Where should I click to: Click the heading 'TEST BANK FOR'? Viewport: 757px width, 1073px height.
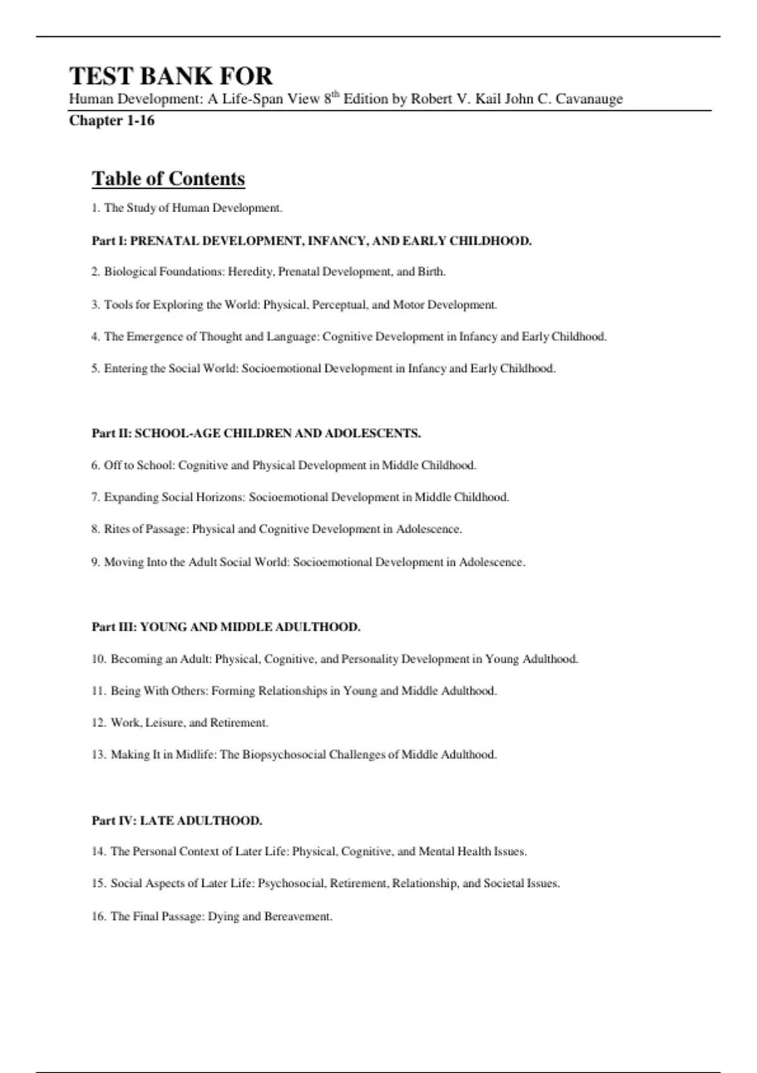coord(171,76)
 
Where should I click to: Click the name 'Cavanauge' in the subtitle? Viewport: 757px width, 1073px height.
coord(589,99)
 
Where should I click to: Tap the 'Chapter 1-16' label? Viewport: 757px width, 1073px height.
coord(112,121)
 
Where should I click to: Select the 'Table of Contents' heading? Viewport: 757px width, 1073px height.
coord(168,179)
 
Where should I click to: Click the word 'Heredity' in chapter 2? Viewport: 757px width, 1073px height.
coord(250,272)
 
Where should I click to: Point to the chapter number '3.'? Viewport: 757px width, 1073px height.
coord(95,305)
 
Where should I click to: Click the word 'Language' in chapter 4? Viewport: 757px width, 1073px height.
coord(293,337)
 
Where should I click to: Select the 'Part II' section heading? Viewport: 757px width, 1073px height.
coord(256,434)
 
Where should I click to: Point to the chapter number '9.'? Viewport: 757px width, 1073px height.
coord(95,562)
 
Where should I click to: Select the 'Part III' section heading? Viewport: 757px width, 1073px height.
coord(226,627)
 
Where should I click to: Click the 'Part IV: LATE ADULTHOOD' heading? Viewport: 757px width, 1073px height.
coord(177,821)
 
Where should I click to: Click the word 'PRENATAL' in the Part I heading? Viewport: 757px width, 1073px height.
coord(164,241)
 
